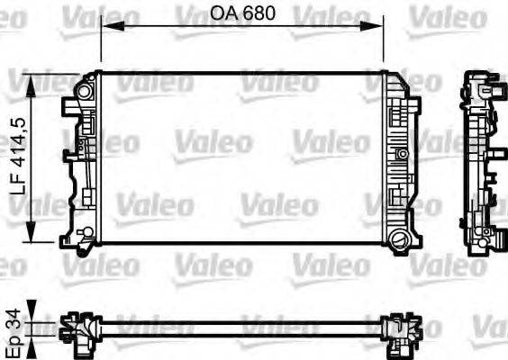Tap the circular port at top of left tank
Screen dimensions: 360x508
86,91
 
